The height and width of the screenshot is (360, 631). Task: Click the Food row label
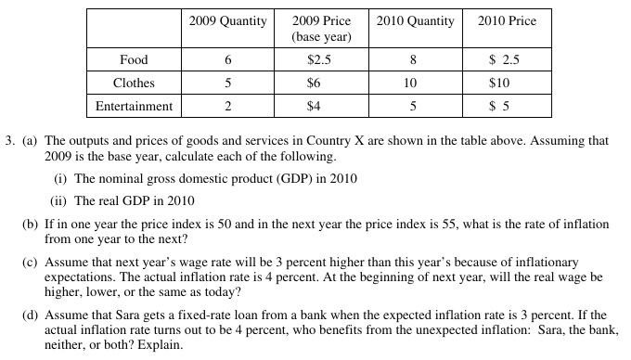click(134, 59)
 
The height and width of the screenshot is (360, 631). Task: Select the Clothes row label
click(134, 83)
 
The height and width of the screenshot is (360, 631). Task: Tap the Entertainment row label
click(134, 106)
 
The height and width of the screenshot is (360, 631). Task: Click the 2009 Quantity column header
click(227, 21)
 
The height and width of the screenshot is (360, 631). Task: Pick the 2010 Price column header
click(507, 21)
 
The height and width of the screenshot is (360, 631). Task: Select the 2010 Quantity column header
click(416, 21)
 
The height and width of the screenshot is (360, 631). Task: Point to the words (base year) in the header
click(322, 37)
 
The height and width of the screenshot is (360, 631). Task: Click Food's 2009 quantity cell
click(227, 60)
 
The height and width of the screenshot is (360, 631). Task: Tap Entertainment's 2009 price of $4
click(314, 106)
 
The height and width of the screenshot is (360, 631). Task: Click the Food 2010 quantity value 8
click(413, 60)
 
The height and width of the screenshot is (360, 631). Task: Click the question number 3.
click(9, 141)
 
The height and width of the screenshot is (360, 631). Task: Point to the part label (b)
click(30, 224)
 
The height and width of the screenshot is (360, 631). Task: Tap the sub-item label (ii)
click(58, 200)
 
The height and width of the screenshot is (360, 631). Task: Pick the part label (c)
click(30, 263)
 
